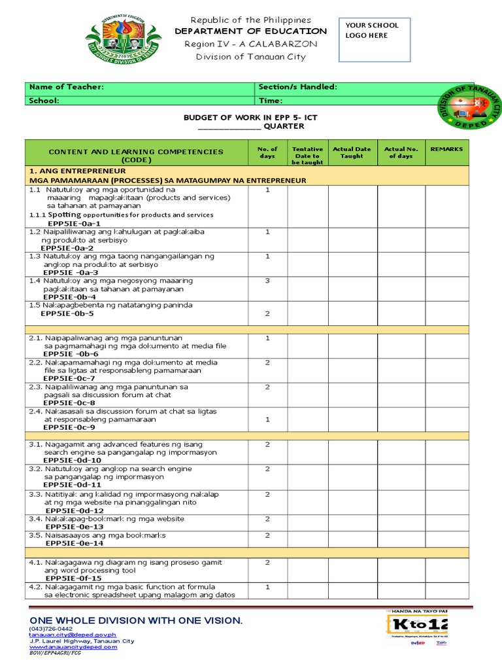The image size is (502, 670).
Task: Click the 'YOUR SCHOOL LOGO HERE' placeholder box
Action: tap(378, 40)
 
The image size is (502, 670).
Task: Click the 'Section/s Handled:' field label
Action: tap(297, 87)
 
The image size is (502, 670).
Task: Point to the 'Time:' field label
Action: tap(271, 101)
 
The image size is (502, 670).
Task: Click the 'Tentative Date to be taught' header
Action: tap(307, 156)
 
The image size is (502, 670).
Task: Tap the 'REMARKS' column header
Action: tap(446, 149)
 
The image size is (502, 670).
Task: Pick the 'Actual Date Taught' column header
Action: tap(352, 152)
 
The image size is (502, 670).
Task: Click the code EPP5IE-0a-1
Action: tap(73, 223)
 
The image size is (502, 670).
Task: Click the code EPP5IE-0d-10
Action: tap(72, 461)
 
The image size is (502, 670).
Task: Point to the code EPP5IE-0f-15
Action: tap(73, 578)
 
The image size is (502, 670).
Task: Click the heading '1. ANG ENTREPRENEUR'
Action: tap(77, 171)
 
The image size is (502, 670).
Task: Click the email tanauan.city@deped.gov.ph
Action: tap(72, 635)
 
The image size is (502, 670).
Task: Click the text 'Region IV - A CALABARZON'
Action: tap(251, 44)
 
